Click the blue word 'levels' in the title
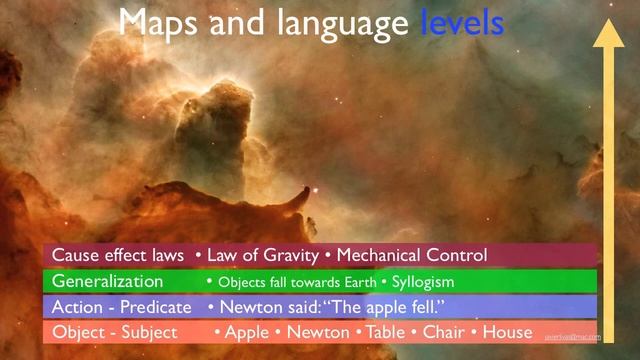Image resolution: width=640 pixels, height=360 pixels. tap(461, 23)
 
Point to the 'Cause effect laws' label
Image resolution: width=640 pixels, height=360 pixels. tap(118, 255)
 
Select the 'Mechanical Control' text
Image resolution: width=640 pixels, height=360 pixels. tap(411, 255)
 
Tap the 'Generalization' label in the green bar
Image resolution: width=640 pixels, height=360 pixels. tap(107, 281)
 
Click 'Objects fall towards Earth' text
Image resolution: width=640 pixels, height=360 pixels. tap(295, 282)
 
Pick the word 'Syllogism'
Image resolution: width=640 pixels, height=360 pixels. tap(423, 282)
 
